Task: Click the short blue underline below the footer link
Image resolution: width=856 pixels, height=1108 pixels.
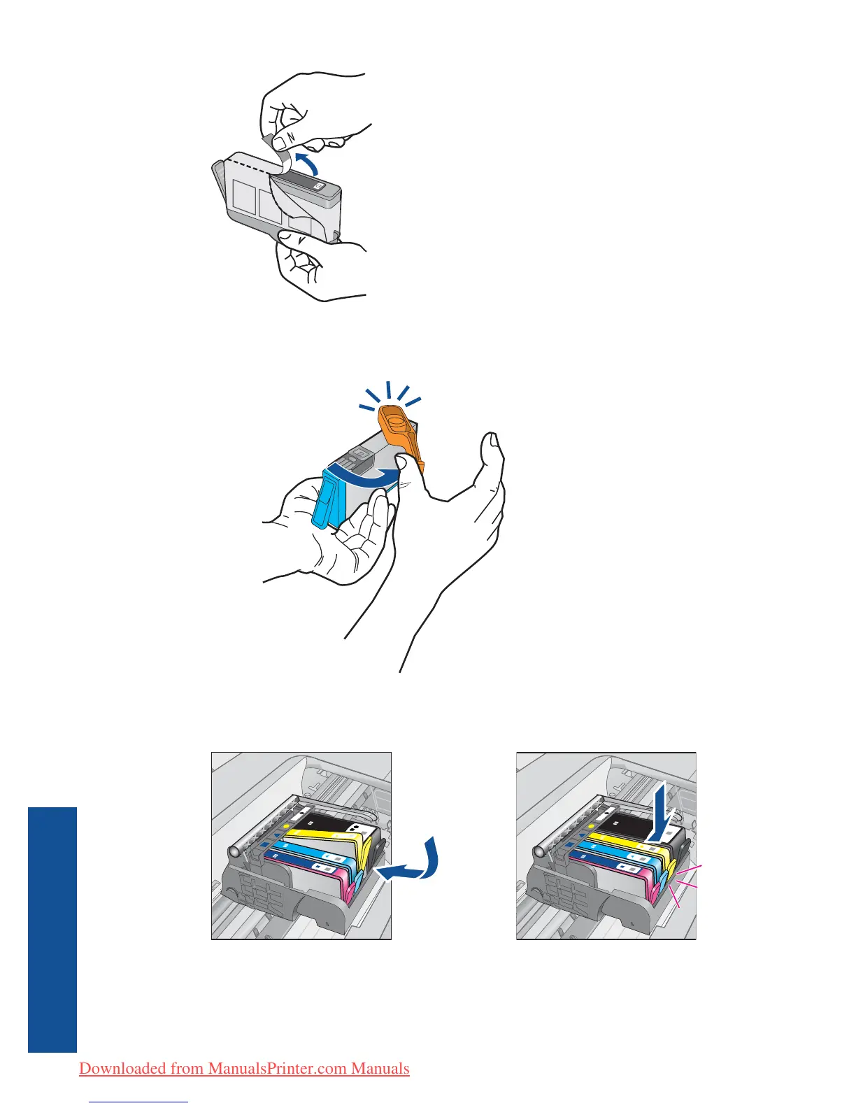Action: (140, 1102)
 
